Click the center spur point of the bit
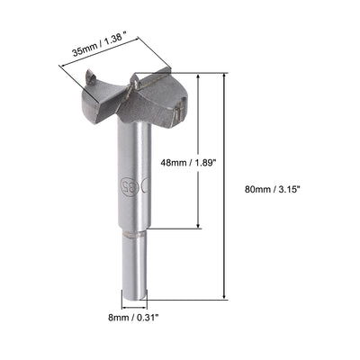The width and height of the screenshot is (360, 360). [x=134, y=82]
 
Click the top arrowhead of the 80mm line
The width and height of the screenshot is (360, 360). [x=222, y=76]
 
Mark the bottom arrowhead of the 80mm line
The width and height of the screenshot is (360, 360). [x=222, y=297]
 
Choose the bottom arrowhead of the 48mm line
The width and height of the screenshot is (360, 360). [x=197, y=226]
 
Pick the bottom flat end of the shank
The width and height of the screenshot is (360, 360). [x=133, y=298]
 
